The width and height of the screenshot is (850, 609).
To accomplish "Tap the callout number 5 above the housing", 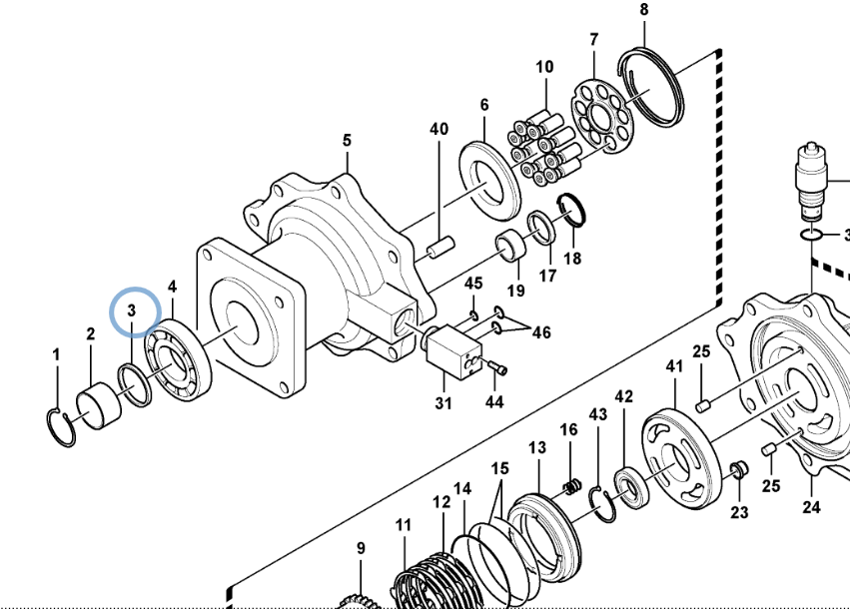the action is point(347,141).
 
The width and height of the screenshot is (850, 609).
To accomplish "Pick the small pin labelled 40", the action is point(440,246).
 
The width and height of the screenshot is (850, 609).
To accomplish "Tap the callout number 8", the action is point(643,10).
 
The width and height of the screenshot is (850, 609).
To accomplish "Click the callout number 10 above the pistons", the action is point(544,67).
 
